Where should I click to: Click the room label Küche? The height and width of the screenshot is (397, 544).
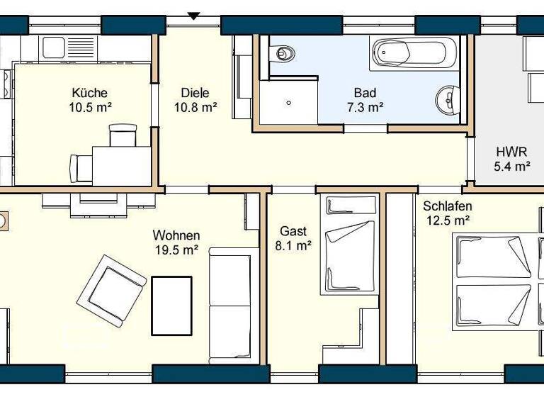[89, 93]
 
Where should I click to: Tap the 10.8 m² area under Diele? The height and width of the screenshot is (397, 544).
[195, 108]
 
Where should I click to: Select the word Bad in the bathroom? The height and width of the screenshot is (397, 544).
[365, 93]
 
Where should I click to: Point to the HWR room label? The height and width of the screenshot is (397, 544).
[511, 152]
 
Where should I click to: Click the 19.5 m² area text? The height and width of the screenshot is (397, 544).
[176, 250]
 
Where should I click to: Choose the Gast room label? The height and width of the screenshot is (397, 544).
[293, 231]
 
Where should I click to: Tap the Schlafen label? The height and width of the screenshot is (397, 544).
[447, 206]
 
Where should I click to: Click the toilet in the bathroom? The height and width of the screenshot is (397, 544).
[283, 52]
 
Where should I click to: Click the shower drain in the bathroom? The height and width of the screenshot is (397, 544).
[289, 102]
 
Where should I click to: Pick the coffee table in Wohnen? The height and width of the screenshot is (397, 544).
[171, 305]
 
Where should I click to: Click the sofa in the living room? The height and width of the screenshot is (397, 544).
[229, 305]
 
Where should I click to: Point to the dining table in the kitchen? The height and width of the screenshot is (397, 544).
[121, 164]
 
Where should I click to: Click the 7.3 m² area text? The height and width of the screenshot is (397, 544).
[365, 108]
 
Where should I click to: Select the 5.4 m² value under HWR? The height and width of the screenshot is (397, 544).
[511, 167]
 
